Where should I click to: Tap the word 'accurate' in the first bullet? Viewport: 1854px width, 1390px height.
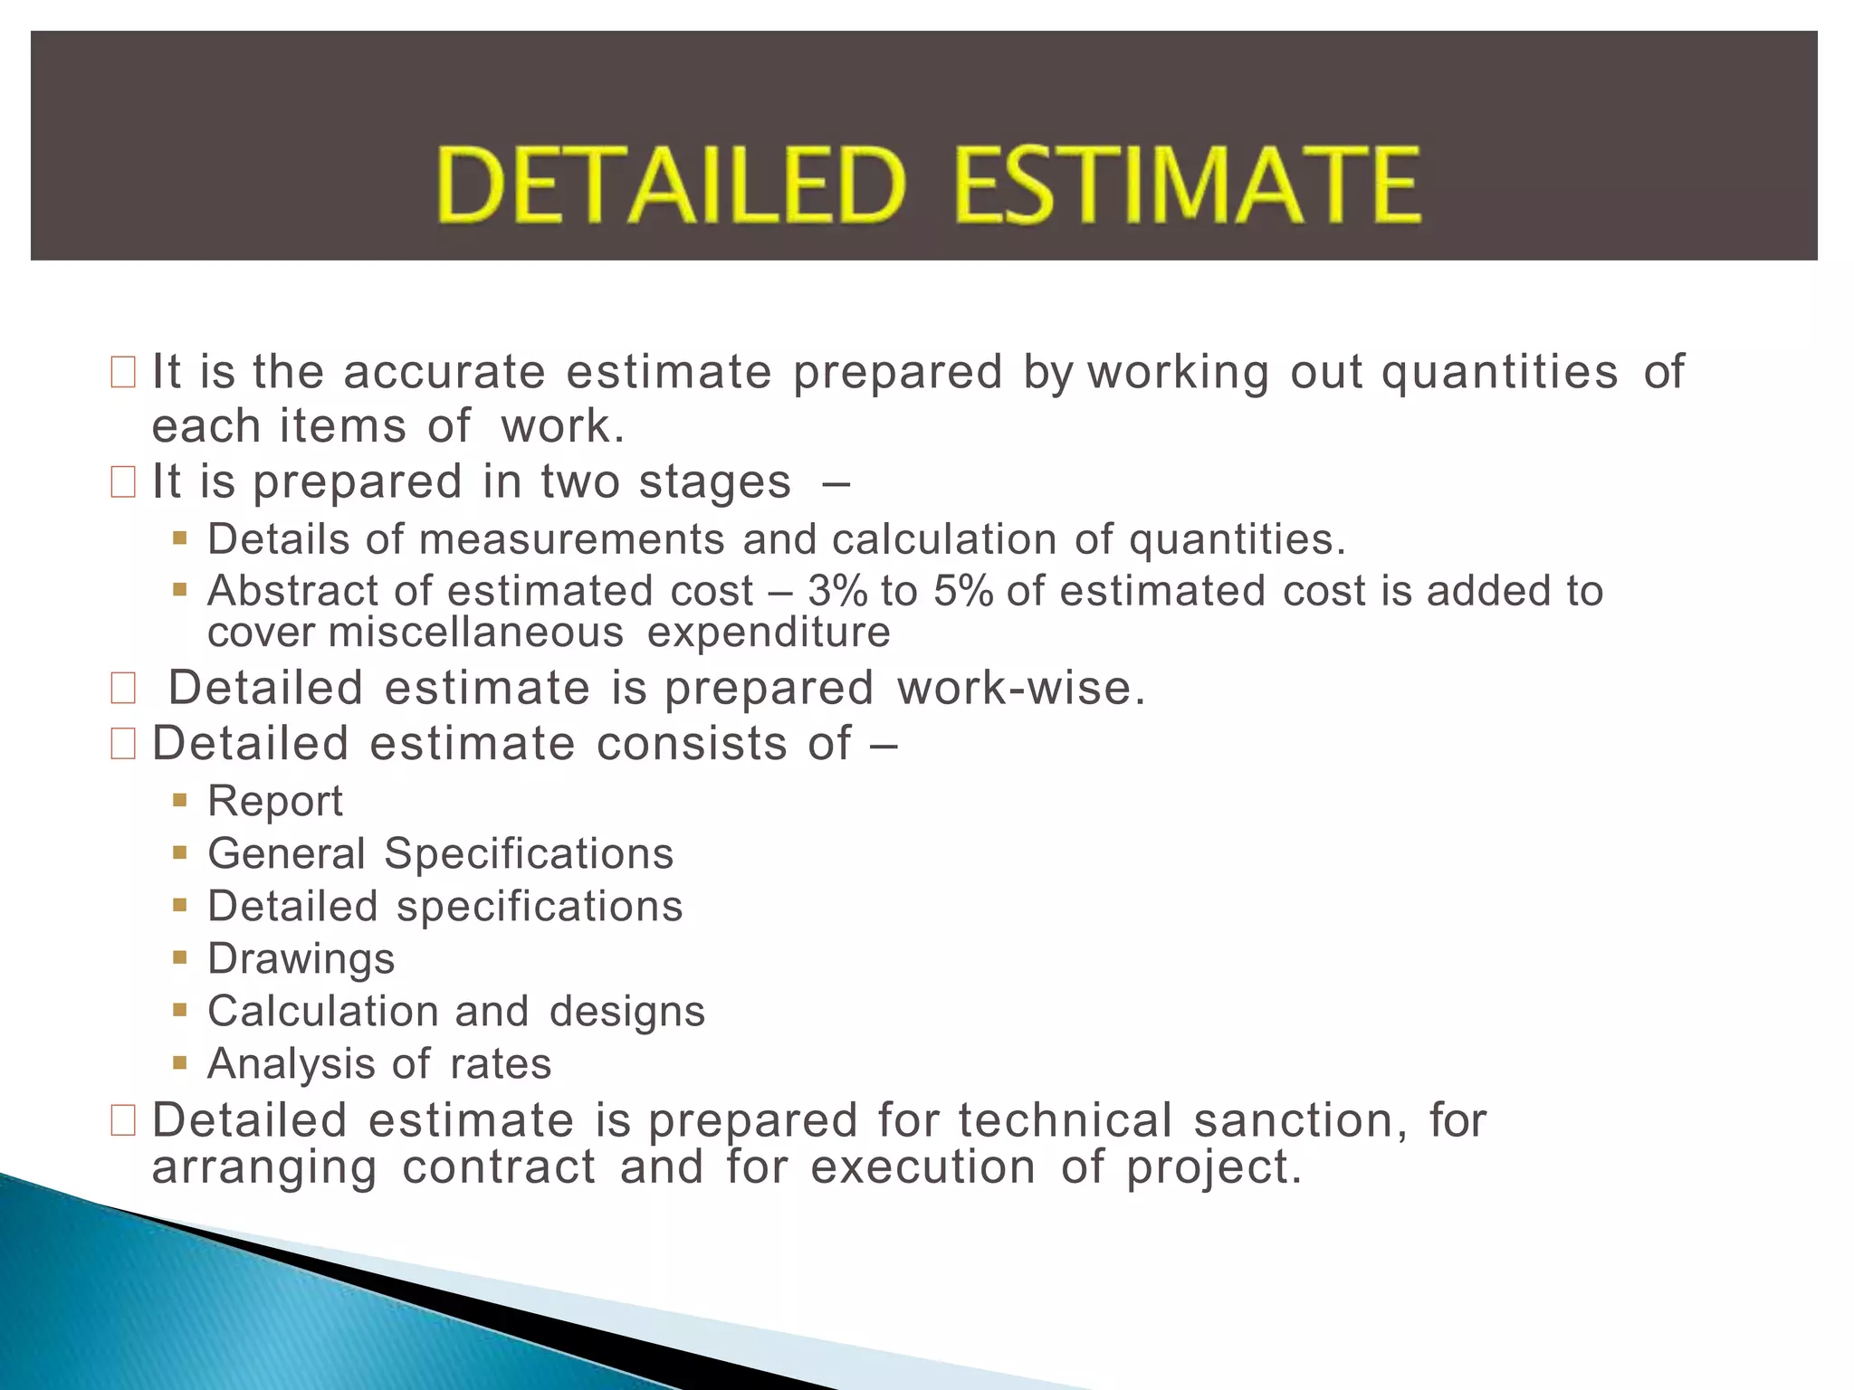click(444, 372)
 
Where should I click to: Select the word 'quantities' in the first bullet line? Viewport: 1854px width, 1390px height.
click(1499, 372)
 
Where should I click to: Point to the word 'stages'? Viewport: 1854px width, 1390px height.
click(715, 481)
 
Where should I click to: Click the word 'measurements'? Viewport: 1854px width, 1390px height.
click(572, 540)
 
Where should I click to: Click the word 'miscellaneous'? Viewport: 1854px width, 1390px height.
click(476, 633)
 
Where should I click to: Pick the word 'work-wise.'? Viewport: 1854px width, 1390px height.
click(1021, 688)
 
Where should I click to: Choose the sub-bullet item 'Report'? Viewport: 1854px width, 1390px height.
click(275, 801)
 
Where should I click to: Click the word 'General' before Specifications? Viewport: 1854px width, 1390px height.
click(287, 853)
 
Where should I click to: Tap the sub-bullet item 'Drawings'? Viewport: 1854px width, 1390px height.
click(301, 959)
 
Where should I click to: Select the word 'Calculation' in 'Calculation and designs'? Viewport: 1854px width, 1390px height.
click(324, 1012)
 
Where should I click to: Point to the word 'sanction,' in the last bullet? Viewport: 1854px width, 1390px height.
click(1301, 1120)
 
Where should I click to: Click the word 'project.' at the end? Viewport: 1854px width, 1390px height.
click(1214, 1167)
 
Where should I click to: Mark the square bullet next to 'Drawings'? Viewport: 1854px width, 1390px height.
click(180, 957)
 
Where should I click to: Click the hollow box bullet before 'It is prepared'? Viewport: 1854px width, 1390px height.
click(123, 481)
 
